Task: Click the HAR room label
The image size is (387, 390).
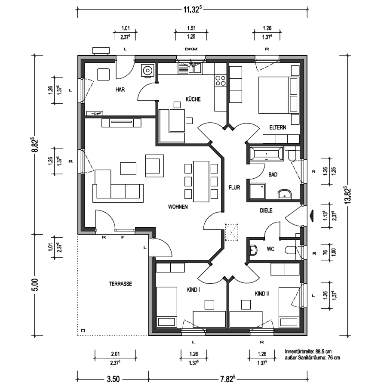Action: (x=120, y=90)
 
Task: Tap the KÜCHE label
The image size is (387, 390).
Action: (x=193, y=99)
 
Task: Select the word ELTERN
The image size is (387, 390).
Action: (x=278, y=127)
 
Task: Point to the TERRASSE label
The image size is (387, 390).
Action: (x=120, y=284)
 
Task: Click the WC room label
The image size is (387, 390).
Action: (x=270, y=249)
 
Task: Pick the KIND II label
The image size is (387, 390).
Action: (x=262, y=294)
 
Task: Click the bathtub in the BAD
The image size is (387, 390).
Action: (x=266, y=154)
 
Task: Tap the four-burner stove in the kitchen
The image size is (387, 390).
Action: (x=221, y=80)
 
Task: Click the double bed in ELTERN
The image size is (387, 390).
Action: (x=278, y=95)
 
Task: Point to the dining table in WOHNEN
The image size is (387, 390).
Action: (x=201, y=182)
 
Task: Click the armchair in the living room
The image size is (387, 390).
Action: (x=154, y=166)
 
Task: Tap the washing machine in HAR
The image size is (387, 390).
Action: (x=147, y=71)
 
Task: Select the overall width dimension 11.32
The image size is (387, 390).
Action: (x=192, y=9)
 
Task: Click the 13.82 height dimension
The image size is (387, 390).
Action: (x=347, y=195)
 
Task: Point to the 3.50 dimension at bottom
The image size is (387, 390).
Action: (x=113, y=379)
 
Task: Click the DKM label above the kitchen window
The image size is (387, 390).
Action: (x=191, y=49)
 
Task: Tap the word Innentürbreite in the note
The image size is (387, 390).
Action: (x=300, y=352)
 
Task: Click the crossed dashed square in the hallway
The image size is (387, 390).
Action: (x=231, y=232)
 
